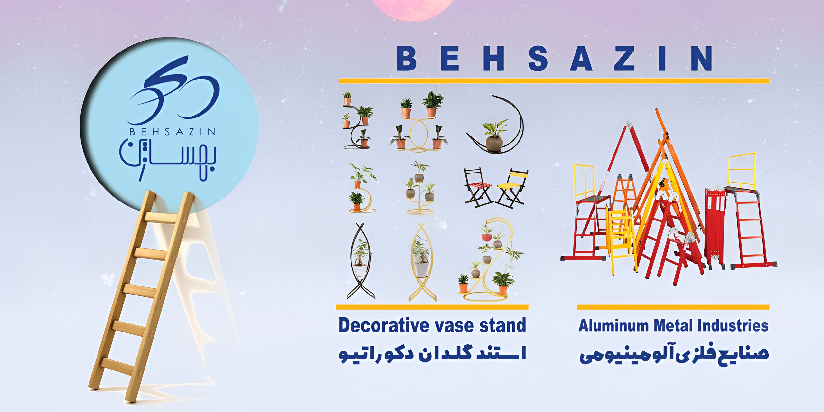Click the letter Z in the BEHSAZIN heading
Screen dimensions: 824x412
point(624,58)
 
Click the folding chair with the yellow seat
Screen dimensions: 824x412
point(512,188)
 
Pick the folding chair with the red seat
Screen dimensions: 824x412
point(478,187)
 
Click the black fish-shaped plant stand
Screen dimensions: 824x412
point(360,261)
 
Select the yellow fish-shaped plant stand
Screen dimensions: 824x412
point(422,261)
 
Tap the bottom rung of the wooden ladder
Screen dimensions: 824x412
point(117,366)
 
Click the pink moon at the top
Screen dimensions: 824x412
point(413,9)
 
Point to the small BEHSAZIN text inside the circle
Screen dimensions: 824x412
point(172,132)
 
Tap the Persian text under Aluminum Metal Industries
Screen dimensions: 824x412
point(674,355)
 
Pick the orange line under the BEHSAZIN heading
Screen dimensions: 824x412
point(554,81)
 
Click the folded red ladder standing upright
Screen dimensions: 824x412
point(715,227)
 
